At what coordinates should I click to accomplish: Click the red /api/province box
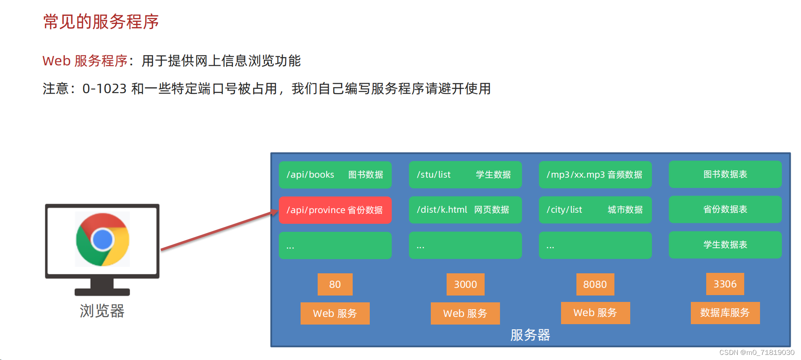tap(335, 210)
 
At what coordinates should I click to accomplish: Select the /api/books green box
tap(335, 175)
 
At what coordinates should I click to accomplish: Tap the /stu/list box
tap(465, 175)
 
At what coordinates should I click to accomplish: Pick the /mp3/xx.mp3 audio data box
tap(595, 175)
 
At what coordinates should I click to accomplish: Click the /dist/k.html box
tap(465, 210)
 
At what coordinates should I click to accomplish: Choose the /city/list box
tap(595, 210)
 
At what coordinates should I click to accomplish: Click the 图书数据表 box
tap(725, 174)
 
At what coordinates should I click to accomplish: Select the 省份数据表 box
tap(725, 209)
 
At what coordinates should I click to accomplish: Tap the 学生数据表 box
tap(725, 245)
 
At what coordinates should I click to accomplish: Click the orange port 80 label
tap(335, 284)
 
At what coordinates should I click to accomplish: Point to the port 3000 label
tap(465, 284)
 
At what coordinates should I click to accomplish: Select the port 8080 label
tap(595, 284)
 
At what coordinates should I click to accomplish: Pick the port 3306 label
tap(725, 284)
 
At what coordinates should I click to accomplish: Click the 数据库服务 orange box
tap(725, 313)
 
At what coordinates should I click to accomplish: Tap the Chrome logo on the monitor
tap(102, 240)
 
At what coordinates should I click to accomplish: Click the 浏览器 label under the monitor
tap(102, 311)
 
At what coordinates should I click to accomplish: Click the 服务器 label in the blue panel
tap(530, 335)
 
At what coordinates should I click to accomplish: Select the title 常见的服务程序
tap(101, 22)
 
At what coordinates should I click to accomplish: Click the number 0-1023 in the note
tap(105, 89)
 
